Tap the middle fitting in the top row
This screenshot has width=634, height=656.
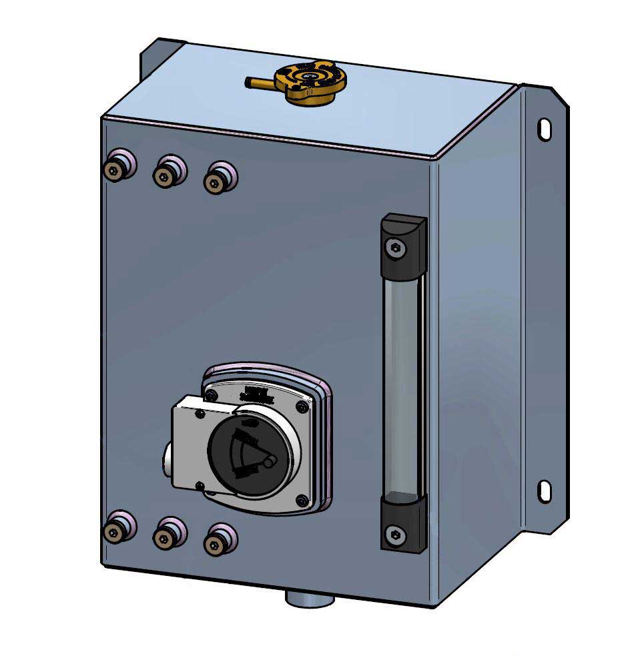coord(166,175)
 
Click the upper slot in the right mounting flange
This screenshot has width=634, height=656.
coord(545,128)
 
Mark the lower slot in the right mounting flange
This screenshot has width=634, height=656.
coord(545,491)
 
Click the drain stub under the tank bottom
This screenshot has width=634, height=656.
coord(310,597)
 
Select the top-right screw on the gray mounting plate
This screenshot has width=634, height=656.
coord(303,406)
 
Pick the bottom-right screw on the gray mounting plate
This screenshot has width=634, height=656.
coord(304,499)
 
